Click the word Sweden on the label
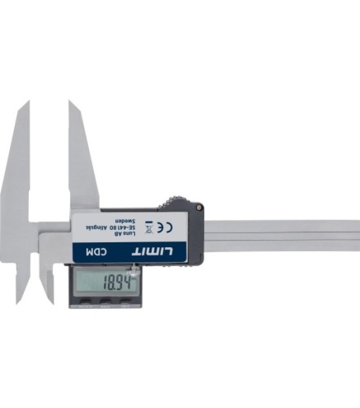point(124,221)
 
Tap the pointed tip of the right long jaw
point(71,103)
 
